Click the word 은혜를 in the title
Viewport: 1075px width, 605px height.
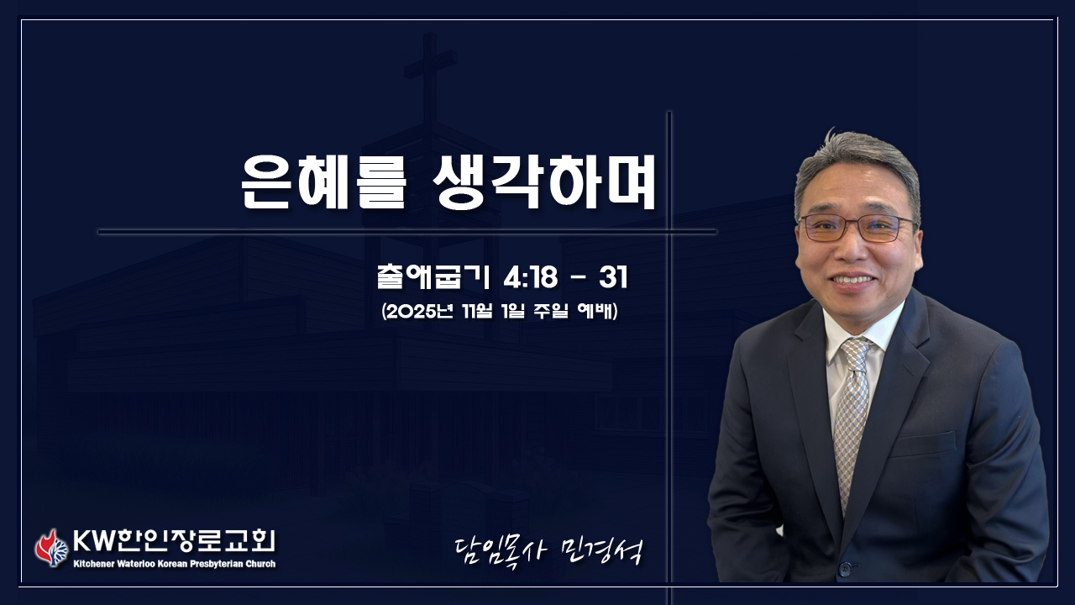pyautogui.click(x=323, y=182)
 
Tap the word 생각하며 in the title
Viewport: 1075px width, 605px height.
pyautogui.click(x=544, y=182)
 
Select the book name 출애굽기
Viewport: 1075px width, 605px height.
pyautogui.click(x=433, y=277)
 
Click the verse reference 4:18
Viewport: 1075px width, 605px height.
pyautogui.click(x=531, y=277)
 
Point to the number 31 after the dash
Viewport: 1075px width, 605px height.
pyautogui.click(x=613, y=277)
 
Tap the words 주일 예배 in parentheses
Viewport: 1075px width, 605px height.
pyautogui.click(x=574, y=311)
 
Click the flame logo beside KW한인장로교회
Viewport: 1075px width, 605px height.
pyautogui.click(x=51, y=548)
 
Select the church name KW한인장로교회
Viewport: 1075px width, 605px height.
pyautogui.click(x=174, y=542)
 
